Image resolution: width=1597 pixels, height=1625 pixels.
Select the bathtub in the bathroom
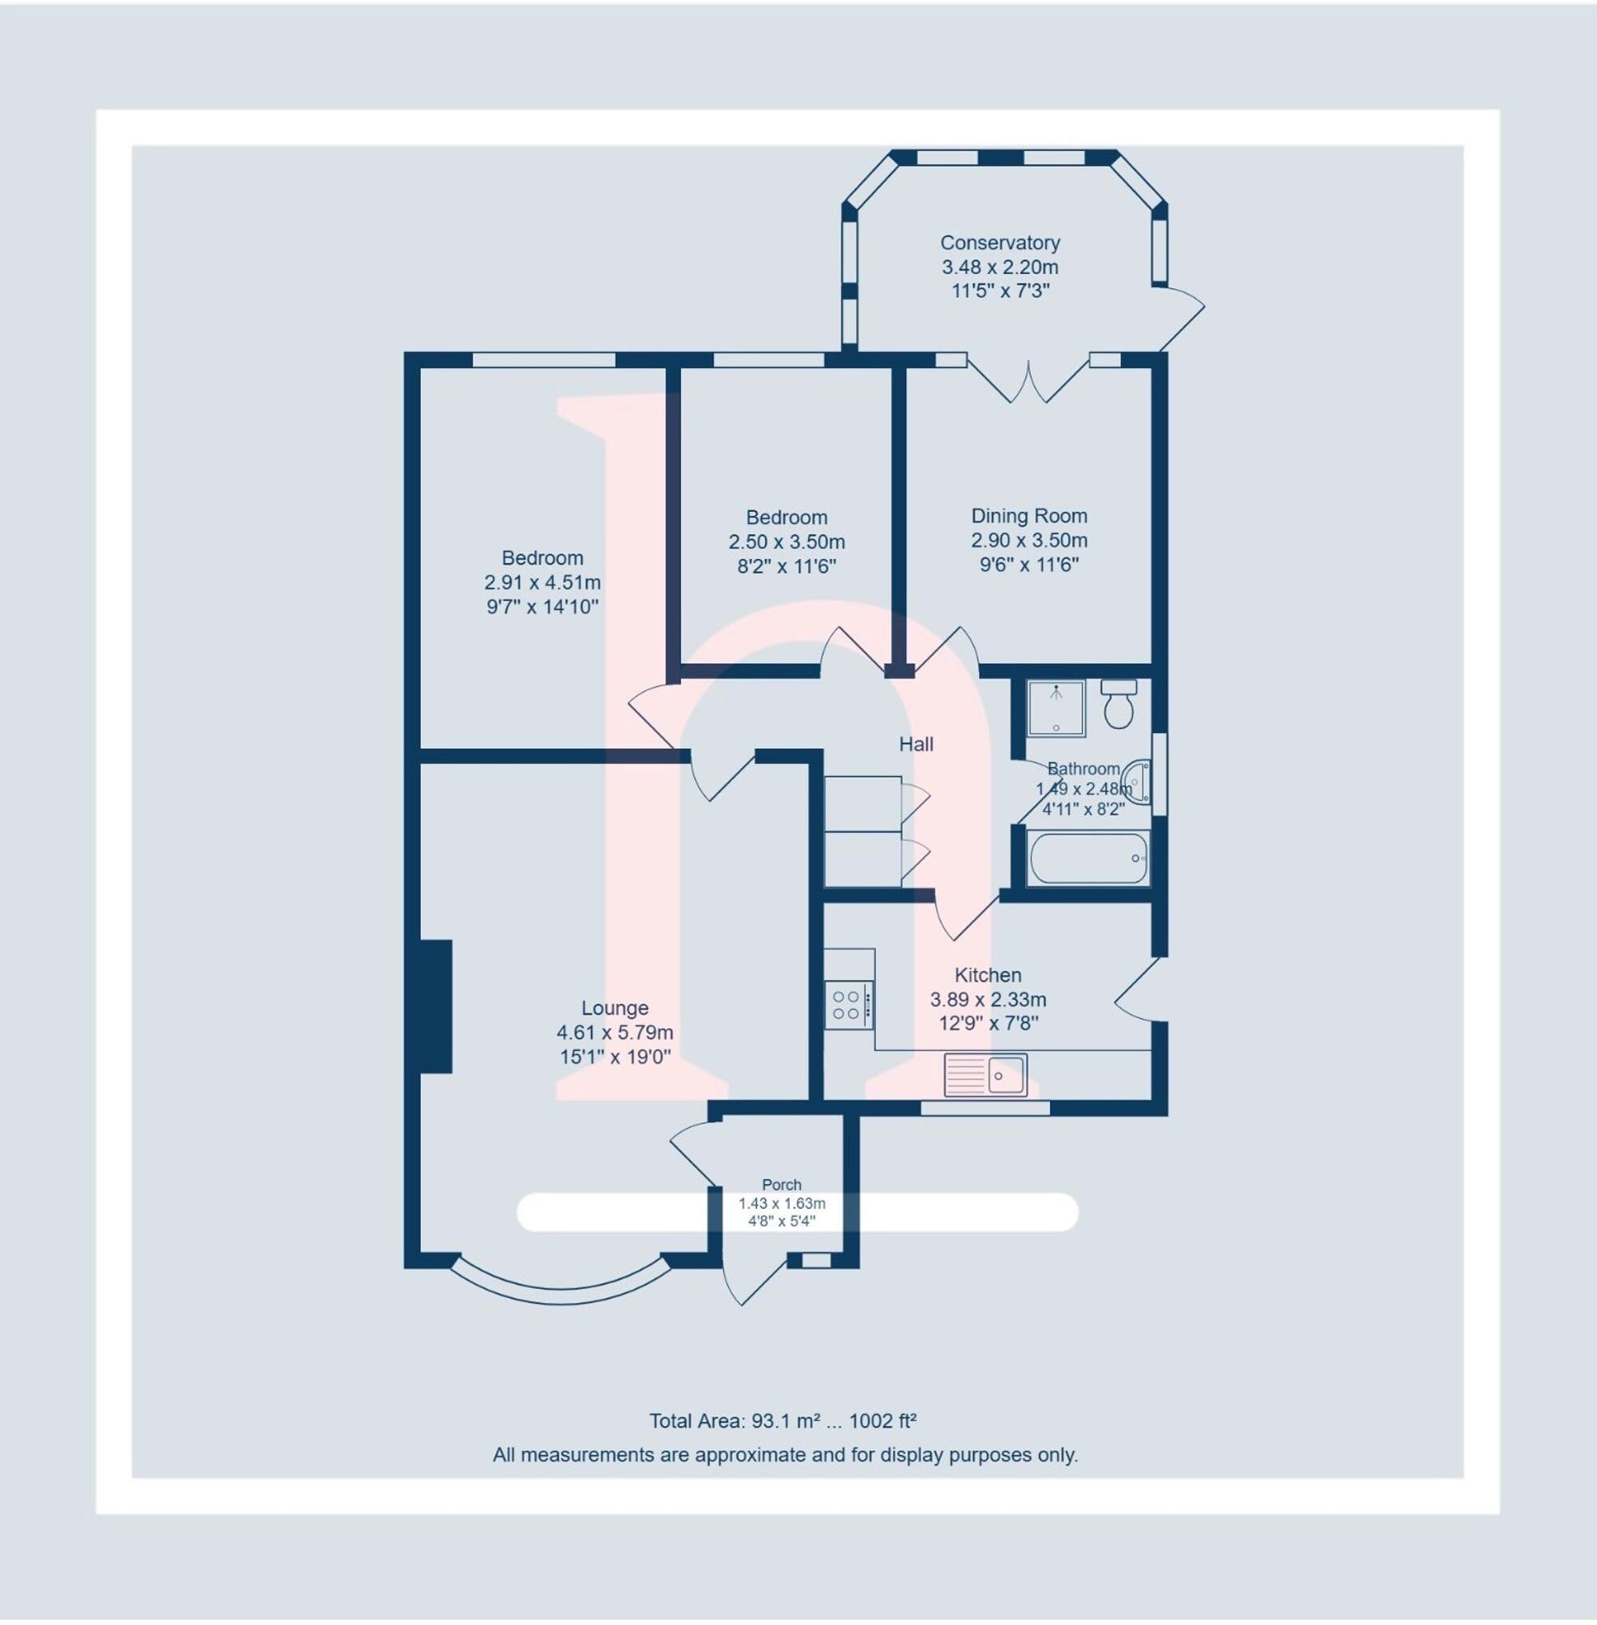(x=1086, y=858)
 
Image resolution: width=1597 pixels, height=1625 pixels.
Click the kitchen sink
(x=985, y=1076)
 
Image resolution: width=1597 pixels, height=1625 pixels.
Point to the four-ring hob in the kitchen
(x=848, y=1005)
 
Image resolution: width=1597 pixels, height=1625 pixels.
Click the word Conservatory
(x=1000, y=243)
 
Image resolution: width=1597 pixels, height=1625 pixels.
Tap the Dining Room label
(x=1029, y=516)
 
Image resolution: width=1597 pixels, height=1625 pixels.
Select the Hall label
(x=916, y=744)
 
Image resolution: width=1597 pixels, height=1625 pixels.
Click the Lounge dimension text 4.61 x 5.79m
(x=615, y=1032)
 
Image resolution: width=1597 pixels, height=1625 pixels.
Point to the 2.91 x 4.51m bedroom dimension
(x=543, y=582)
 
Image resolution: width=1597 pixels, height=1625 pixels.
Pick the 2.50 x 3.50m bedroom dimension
(x=787, y=542)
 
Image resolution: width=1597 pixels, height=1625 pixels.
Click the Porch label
(x=781, y=1184)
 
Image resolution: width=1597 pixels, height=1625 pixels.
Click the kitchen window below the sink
(x=985, y=1108)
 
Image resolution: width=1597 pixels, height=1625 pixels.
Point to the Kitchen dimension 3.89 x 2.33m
(x=988, y=1000)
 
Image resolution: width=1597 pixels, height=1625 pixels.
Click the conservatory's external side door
(x=1183, y=318)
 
